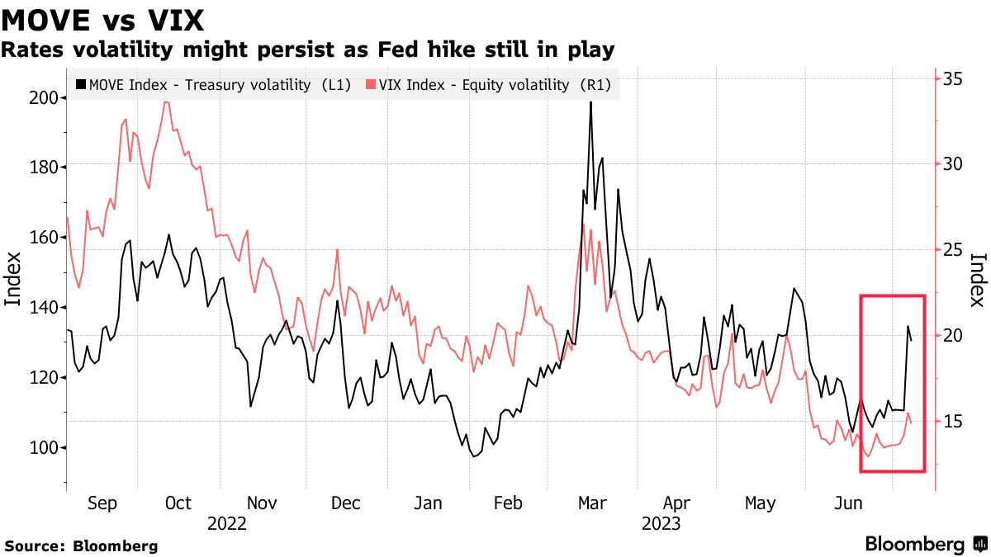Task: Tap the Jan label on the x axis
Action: coord(428,503)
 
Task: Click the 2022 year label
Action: coord(226,523)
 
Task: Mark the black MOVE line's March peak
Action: coord(590,102)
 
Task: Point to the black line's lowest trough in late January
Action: coord(475,456)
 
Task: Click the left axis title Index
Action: coord(13,280)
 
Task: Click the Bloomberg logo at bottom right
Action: coord(925,545)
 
